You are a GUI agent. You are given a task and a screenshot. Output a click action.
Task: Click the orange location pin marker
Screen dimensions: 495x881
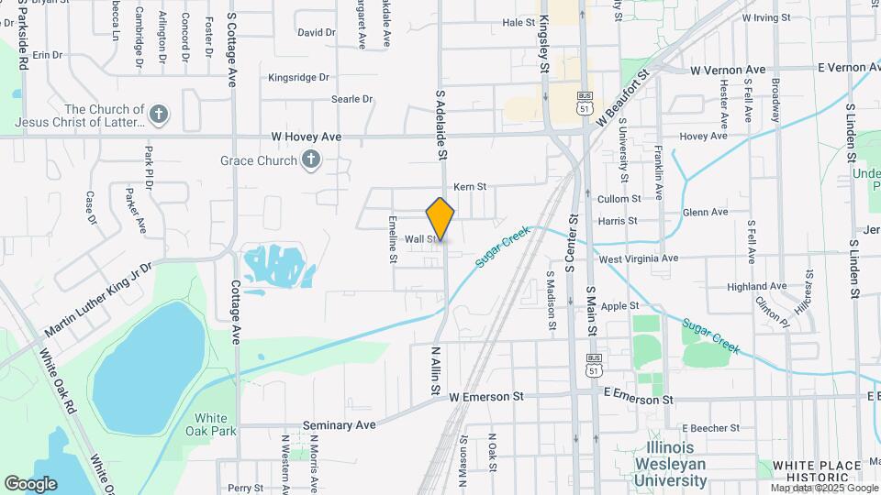440,218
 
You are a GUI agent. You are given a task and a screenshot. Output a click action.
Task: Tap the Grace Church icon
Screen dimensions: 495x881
311,160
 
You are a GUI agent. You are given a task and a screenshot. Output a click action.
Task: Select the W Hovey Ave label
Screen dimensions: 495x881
307,137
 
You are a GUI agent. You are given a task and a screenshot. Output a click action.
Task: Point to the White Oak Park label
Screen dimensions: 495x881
210,424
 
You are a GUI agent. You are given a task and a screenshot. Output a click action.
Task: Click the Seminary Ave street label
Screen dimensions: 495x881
340,425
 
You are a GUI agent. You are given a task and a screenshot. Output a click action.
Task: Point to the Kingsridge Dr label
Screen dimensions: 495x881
298,78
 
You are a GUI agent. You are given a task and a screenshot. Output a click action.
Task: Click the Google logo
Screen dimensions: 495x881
30,483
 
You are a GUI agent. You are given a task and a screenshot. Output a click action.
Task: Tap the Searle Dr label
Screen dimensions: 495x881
352,99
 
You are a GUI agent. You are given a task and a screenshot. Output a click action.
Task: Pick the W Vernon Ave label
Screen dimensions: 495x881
728,70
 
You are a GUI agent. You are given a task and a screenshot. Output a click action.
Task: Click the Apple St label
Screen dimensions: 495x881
620,306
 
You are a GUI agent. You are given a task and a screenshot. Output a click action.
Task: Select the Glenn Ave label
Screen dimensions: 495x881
706,212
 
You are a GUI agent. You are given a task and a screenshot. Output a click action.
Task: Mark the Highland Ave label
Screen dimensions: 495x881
758,287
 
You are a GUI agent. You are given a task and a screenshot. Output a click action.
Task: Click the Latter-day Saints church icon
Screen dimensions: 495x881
160,114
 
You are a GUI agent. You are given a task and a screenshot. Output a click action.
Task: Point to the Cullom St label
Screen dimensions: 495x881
619,199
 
